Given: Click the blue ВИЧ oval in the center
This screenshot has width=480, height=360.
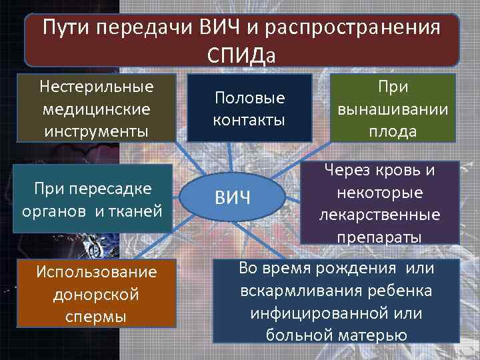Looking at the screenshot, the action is (232, 199).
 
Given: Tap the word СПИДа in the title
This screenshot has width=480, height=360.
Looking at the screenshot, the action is (240, 53).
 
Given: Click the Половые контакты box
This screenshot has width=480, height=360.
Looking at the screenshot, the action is (249, 109).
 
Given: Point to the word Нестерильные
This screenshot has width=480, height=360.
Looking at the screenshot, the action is (96, 87).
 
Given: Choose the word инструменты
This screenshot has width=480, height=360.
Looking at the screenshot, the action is (96, 129).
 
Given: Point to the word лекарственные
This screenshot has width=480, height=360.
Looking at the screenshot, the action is (379, 215).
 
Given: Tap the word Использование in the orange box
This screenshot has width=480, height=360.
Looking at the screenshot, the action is (97, 272).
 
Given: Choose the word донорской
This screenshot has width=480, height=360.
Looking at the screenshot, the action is (97, 294).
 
